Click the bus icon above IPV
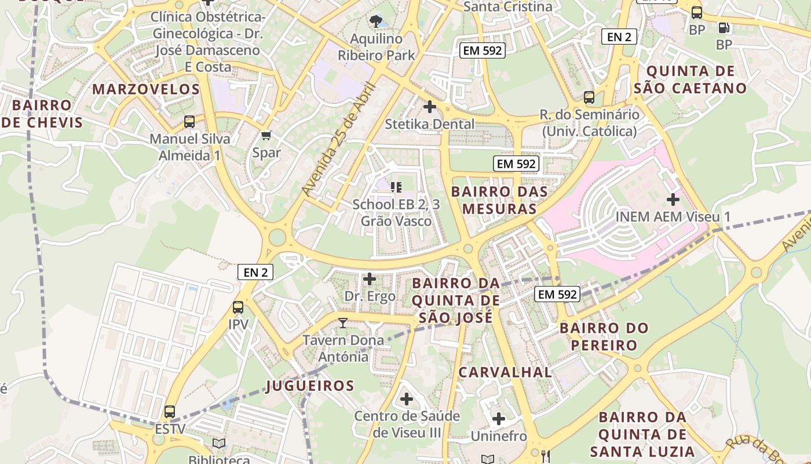click(x=238, y=307)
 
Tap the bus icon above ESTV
click(x=170, y=412)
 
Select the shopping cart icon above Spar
click(x=266, y=136)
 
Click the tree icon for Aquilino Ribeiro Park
click(x=376, y=22)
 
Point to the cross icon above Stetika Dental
click(x=430, y=107)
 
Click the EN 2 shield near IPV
click(x=255, y=272)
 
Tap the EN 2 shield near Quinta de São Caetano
click(x=619, y=37)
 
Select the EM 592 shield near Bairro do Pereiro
click(x=557, y=295)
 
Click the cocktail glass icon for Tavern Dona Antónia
click(x=343, y=323)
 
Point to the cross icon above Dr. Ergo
click(x=369, y=279)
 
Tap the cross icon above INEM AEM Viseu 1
click(x=673, y=200)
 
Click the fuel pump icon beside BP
click(x=724, y=27)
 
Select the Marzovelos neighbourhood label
click(x=146, y=89)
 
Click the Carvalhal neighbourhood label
click(x=505, y=372)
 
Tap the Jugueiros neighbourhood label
click(x=310, y=386)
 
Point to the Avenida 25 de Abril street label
click(x=339, y=139)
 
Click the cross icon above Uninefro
click(x=499, y=419)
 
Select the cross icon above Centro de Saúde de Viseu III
click(x=407, y=399)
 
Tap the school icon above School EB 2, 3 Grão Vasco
click(x=396, y=187)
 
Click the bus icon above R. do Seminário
click(x=589, y=97)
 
